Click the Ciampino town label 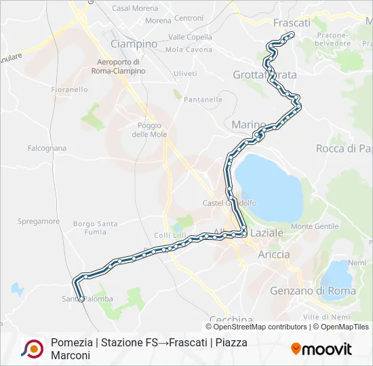pos(134,44)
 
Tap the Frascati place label pos(291,22)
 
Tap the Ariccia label pos(274,254)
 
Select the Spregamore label pos(39,222)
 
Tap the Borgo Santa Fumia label pos(96,228)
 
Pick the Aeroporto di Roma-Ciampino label pos(117,66)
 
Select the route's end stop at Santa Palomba pos(81,298)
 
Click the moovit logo pos(321,349)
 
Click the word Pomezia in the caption pos(71,342)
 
